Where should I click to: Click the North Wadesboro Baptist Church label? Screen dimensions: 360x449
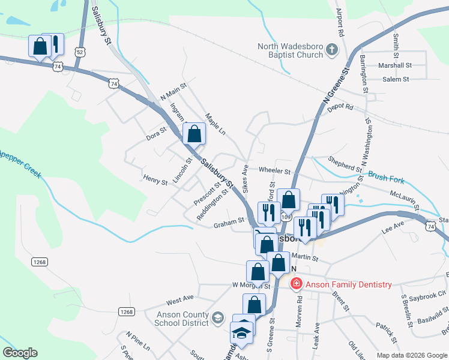[291, 50]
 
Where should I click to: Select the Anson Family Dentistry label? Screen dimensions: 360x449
[348, 284]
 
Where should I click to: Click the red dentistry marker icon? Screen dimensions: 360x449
[296, 284]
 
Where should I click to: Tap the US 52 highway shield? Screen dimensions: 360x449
[80, 52]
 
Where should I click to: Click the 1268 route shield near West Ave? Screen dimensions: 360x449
[126, 311]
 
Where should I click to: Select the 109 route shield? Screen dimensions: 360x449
[286, 217]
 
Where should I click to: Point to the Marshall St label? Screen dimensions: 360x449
[394, 65]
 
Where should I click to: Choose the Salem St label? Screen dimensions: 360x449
[396, 79]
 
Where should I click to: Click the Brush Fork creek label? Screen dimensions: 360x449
[386, 178]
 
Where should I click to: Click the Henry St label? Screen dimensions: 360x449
[155, 178]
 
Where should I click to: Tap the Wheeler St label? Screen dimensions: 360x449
[274, 171]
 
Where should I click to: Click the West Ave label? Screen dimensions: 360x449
[180, 298]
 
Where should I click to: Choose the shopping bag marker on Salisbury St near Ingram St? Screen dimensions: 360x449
[194, 133]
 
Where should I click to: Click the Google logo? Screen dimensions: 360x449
[20, 353]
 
